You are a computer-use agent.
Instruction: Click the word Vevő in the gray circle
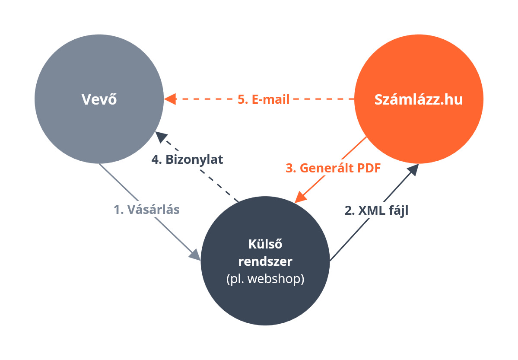tap(99, 99)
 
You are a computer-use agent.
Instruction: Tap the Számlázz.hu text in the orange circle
tap(418, 99)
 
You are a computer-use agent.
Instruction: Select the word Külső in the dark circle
tap(265, 244)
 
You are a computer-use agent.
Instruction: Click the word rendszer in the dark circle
tap(265, 261)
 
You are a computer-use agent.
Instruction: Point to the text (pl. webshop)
tap(265, 279)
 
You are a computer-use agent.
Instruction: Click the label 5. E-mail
tap(264, 99)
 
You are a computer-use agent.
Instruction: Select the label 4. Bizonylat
tap(187, 159)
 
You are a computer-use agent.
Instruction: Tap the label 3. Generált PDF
tap(333, 168)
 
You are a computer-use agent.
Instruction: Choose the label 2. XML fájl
tap(376, 211)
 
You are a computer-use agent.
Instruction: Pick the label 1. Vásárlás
tap(147, 210)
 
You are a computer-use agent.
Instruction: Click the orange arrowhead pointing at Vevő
tap(170, 99)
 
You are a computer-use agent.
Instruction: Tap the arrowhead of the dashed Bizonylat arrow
tap(161, 137)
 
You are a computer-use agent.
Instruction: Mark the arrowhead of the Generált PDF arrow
tap(300, 197)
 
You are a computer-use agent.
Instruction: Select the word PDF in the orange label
tap(367, 168)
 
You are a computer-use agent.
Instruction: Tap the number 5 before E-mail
tap(241, 99)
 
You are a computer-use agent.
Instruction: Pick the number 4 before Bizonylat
tap(155, 159)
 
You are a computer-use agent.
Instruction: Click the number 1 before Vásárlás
tap(117, 210)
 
